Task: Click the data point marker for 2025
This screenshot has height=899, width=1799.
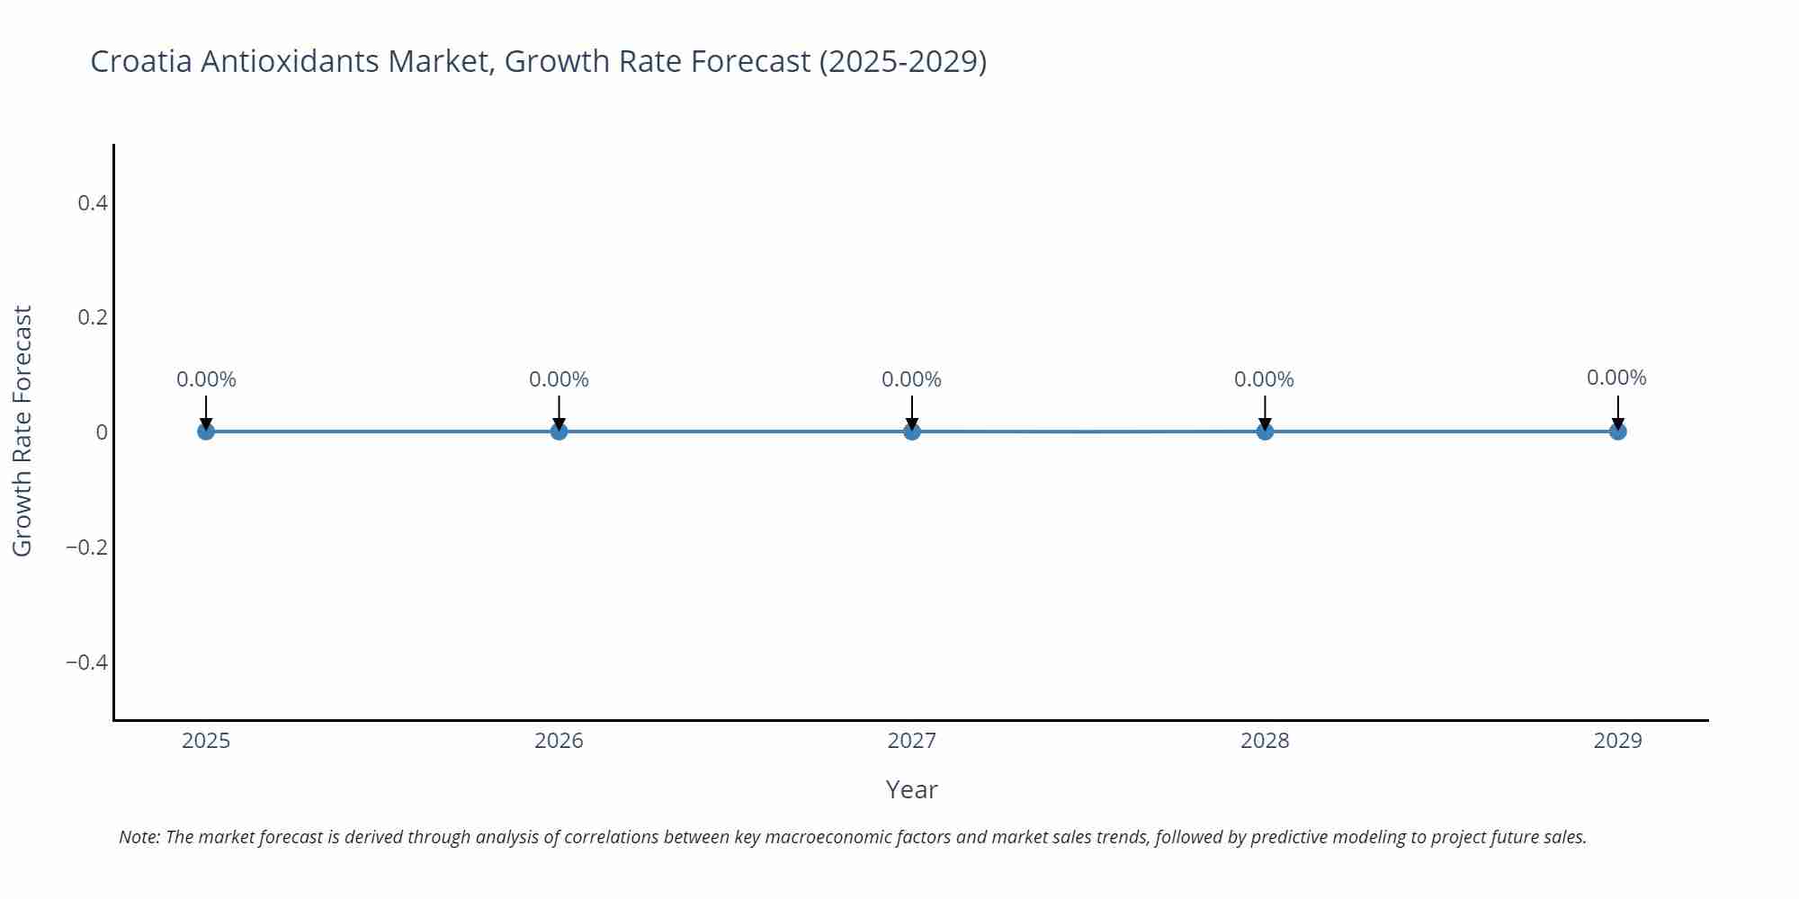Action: coord(206,432)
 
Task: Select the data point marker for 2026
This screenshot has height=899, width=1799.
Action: coord(559,432)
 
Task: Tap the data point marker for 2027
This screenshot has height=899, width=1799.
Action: coord(912,432)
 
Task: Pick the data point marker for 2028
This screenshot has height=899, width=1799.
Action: coord(1265,432)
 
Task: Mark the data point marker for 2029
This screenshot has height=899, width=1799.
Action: coord(1617,432)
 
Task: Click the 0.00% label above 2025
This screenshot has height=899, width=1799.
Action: coord(206,379)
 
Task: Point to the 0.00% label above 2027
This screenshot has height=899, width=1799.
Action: coord(911,379)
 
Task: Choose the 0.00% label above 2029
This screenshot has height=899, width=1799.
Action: coord(1616,378)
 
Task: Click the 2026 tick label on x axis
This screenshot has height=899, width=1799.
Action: coord(559,741)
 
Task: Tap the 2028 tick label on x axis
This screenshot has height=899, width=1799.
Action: coord(1265,741)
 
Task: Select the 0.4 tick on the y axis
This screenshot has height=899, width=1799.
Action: coord(93,203)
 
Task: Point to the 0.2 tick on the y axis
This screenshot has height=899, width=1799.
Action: coord(93,317)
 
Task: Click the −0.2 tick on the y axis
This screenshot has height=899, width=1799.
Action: coord(86,547)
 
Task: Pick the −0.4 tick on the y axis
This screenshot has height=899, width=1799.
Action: coord(86,663)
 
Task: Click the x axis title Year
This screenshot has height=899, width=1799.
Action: coord(911,789)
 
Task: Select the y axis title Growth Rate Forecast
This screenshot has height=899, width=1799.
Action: coord(22,432)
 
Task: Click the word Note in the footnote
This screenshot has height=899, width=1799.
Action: coord(139,837)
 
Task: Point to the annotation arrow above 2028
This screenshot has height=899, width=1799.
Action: coord(1265,413)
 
